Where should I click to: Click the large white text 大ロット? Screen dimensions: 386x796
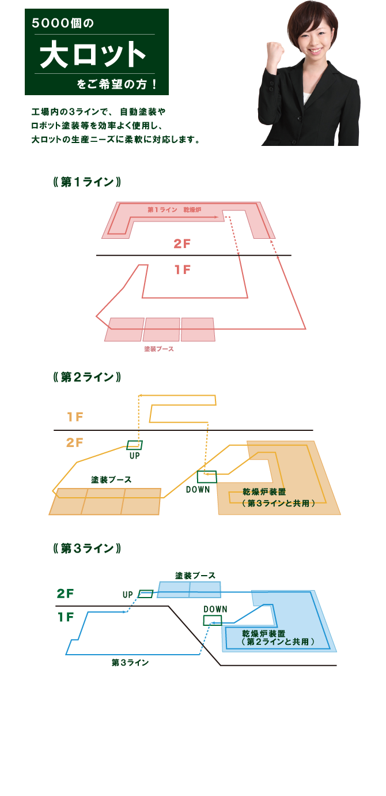(x=93, y=54)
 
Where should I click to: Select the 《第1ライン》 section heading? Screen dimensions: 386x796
(x=87, y=182)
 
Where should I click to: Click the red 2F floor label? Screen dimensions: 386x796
(x=182, y=244)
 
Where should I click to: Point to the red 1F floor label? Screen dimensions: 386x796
(x=183, y=270)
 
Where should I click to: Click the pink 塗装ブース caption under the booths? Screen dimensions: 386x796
(x=159, y=349)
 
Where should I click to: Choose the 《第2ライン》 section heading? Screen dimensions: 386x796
(x=87, y=377)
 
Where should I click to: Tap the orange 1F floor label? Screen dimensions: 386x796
(x=75, y=416)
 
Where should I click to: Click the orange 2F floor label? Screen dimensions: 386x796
(x=74, y=442)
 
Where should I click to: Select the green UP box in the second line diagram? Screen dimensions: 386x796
(x=134, y=445)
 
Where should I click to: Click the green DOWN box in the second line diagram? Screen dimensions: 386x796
(x=207, y=476)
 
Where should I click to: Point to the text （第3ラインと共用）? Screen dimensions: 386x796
(x=278, y=503)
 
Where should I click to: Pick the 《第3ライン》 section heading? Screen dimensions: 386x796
(x=87, y=549)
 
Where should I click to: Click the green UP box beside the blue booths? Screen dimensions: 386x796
(x=145, y=594)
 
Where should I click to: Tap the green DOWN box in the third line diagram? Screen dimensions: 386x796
(x=213, y=621)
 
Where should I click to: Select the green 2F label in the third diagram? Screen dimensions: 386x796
(x=65, y=593)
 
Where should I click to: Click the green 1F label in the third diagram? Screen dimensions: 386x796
(x=66, y=617)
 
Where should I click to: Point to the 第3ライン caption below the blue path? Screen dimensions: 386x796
(x=130, y=662)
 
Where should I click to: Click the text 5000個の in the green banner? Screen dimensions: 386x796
(x=63, y=24)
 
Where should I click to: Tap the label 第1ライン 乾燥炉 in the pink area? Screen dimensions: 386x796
(x=174, y=209)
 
